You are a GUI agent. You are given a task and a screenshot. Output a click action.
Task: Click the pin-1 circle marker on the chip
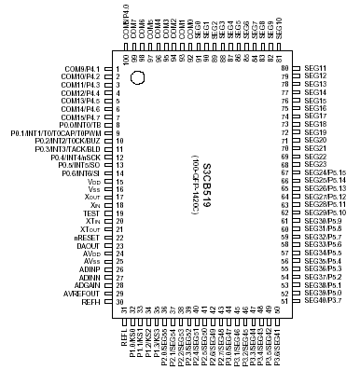click(x=139, y=78)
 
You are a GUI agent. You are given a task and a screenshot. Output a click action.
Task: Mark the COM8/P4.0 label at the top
click(x=126, y=19)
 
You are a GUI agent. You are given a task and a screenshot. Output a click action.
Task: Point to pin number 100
click(x=125, y=58)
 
